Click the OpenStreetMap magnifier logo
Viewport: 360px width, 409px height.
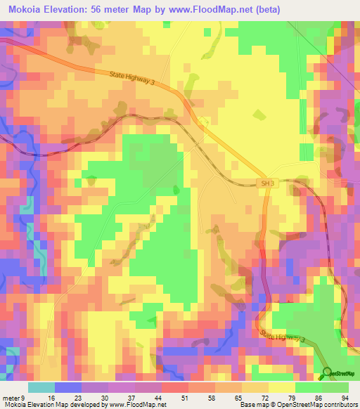click(x=327, y=372)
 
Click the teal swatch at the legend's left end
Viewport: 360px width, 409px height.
click(x=41, y=387)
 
